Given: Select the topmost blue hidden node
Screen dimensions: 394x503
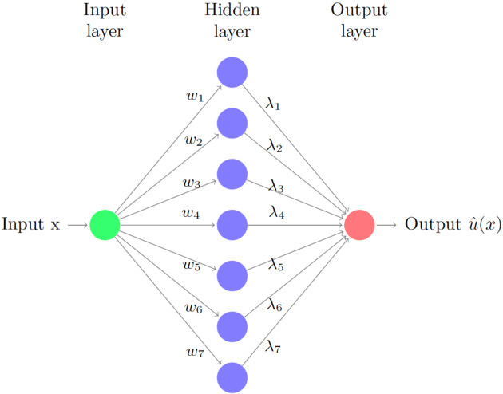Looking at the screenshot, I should coord(232,72).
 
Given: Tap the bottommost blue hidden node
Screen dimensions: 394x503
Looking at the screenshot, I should coord(232,377).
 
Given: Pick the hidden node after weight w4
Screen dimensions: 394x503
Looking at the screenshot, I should coord(232,225).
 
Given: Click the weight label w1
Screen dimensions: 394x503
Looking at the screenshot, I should coord(194,97).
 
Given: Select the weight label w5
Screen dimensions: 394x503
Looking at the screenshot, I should coord(191,264).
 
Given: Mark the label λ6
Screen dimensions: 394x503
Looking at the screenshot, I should coord(275,304).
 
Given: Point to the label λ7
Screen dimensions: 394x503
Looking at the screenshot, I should coord(274,345).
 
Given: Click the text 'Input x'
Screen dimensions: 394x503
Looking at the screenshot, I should coord(31,224).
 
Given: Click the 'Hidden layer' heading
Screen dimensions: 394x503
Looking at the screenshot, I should coord(232,21).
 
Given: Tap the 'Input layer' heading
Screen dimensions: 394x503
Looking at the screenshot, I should coord(105,21).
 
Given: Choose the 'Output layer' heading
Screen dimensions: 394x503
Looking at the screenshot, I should coord(359,21).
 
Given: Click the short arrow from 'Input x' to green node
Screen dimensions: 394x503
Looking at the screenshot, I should coord(77,225).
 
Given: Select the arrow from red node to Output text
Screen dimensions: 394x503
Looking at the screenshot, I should coord(386,225).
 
